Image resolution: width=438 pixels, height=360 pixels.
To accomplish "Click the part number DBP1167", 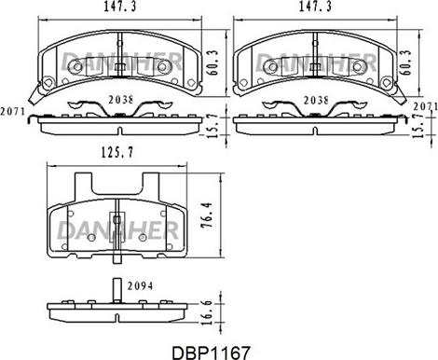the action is pyautogui.click(x=211, y=353).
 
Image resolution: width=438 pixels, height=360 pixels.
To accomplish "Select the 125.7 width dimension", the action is pyautogui.click(x=117, y=152).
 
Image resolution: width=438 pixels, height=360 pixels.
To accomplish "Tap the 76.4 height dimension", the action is pyautogui.click(x=207, y=215).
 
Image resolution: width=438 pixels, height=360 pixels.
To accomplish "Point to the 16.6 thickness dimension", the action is pyautogui.click(x=207, y=312).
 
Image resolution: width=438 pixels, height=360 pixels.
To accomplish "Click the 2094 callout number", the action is pyautogui.click(x=140, y=285).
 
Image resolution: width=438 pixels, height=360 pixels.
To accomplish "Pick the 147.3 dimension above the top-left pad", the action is pyautogui.click(x=120, y=7).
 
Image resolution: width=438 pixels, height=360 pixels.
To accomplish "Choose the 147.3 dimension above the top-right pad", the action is pyautogui.click(x=315, y=7).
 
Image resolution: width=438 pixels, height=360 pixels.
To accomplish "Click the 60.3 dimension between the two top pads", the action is pyautogui.click(x=213, y=62).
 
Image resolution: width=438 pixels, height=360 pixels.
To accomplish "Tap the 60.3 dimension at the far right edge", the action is pyautogui.click(x=406, y=62).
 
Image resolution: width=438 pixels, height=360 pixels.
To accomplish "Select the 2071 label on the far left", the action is pyautogui.click(x=12, y=111).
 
